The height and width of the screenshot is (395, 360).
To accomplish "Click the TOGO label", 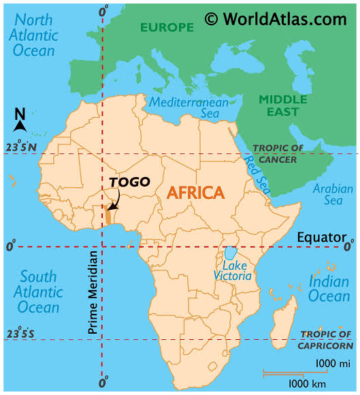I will (x=129, y=182).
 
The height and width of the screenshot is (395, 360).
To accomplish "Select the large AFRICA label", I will (x=195, y=193).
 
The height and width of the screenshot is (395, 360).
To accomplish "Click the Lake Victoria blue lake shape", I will (x=231, y=253).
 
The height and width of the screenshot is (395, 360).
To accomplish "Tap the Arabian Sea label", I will (x=333, y=195).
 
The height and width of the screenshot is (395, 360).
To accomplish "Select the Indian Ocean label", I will (x=329, y=288).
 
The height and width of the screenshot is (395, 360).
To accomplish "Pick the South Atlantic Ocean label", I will (x=38, y=291).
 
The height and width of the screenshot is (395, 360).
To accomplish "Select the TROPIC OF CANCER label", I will (x=274, y=154).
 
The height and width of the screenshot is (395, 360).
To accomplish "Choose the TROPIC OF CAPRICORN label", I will (x=325, y=339).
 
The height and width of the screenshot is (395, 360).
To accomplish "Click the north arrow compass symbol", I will (x=20, y=121).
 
